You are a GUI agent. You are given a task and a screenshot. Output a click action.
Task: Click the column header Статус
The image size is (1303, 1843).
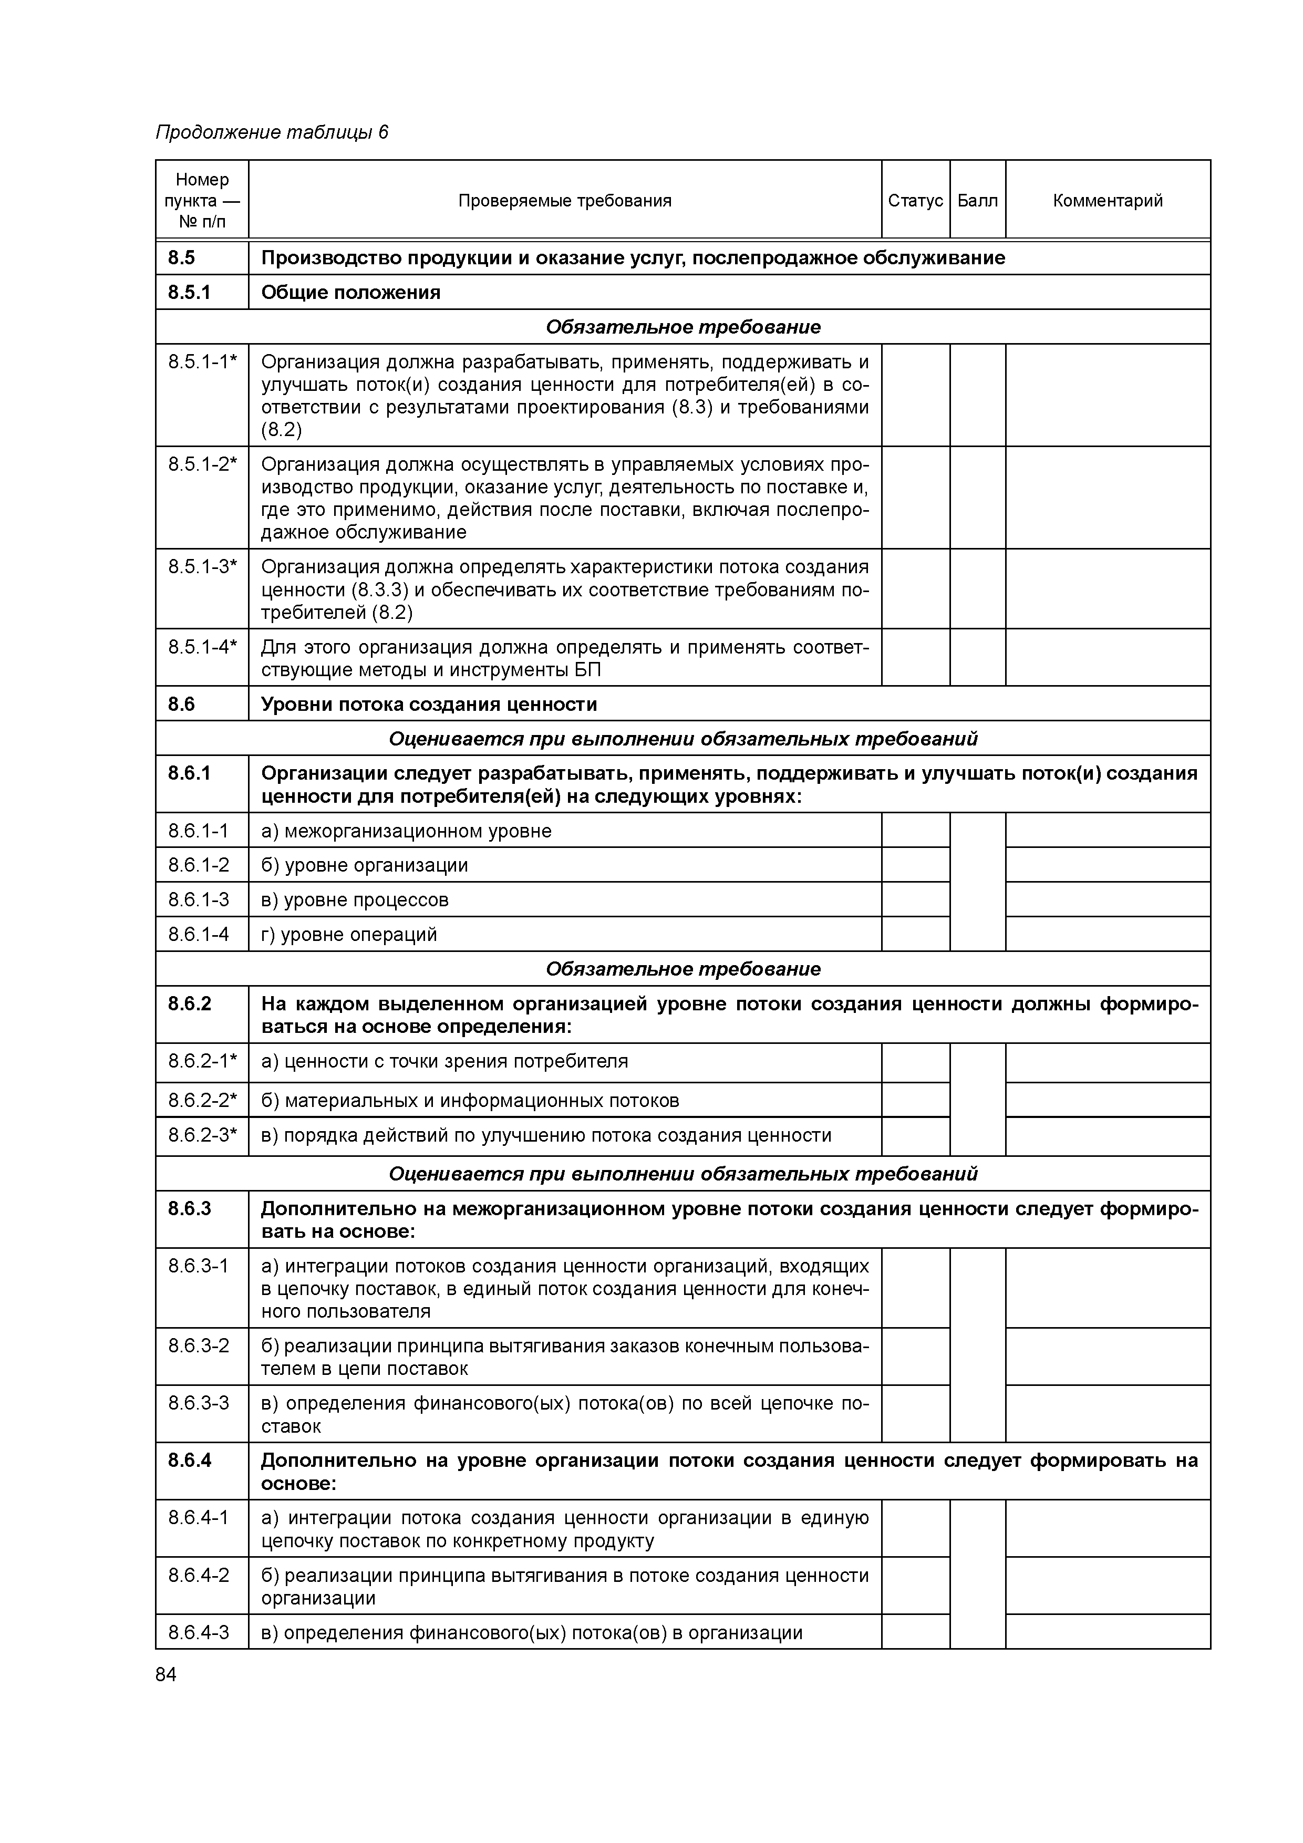(915, 201)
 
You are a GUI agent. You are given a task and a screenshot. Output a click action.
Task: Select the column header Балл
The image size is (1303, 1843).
(977, 201)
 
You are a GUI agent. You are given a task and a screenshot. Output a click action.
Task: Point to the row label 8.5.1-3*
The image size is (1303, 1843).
(202, 567)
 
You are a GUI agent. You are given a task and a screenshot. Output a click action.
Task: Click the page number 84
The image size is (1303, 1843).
(166, 1674)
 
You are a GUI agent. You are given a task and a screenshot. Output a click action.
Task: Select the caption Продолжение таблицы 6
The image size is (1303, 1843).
(271, 132)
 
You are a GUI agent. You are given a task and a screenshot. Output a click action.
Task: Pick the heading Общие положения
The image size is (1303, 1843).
(351, 292)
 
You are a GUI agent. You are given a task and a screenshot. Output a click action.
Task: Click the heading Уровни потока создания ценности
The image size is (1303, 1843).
(429, 704)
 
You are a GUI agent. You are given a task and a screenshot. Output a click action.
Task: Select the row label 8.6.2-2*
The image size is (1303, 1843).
(202, 1100)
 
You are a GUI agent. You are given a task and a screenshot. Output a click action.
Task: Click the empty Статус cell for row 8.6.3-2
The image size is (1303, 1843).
(915, 1357)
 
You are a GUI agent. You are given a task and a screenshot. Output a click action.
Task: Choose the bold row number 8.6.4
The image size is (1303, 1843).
(190, 1460)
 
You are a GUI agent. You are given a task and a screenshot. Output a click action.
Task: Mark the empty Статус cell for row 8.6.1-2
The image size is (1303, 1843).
(915, 865)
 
